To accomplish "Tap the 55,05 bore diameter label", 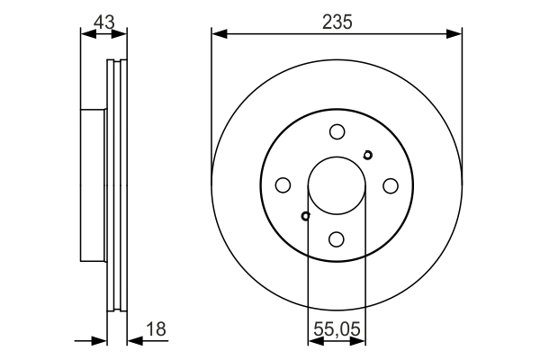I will [337, 329].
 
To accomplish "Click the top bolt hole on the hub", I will [337, 131].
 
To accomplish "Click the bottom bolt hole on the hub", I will [337, 238].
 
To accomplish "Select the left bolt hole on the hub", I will [283, 185].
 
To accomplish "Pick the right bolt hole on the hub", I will [391, 185].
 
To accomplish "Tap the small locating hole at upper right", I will [367, 155].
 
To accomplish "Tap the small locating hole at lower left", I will [306, 216].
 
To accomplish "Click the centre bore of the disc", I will [337, 185].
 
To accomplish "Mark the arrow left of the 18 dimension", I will [100, 341].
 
